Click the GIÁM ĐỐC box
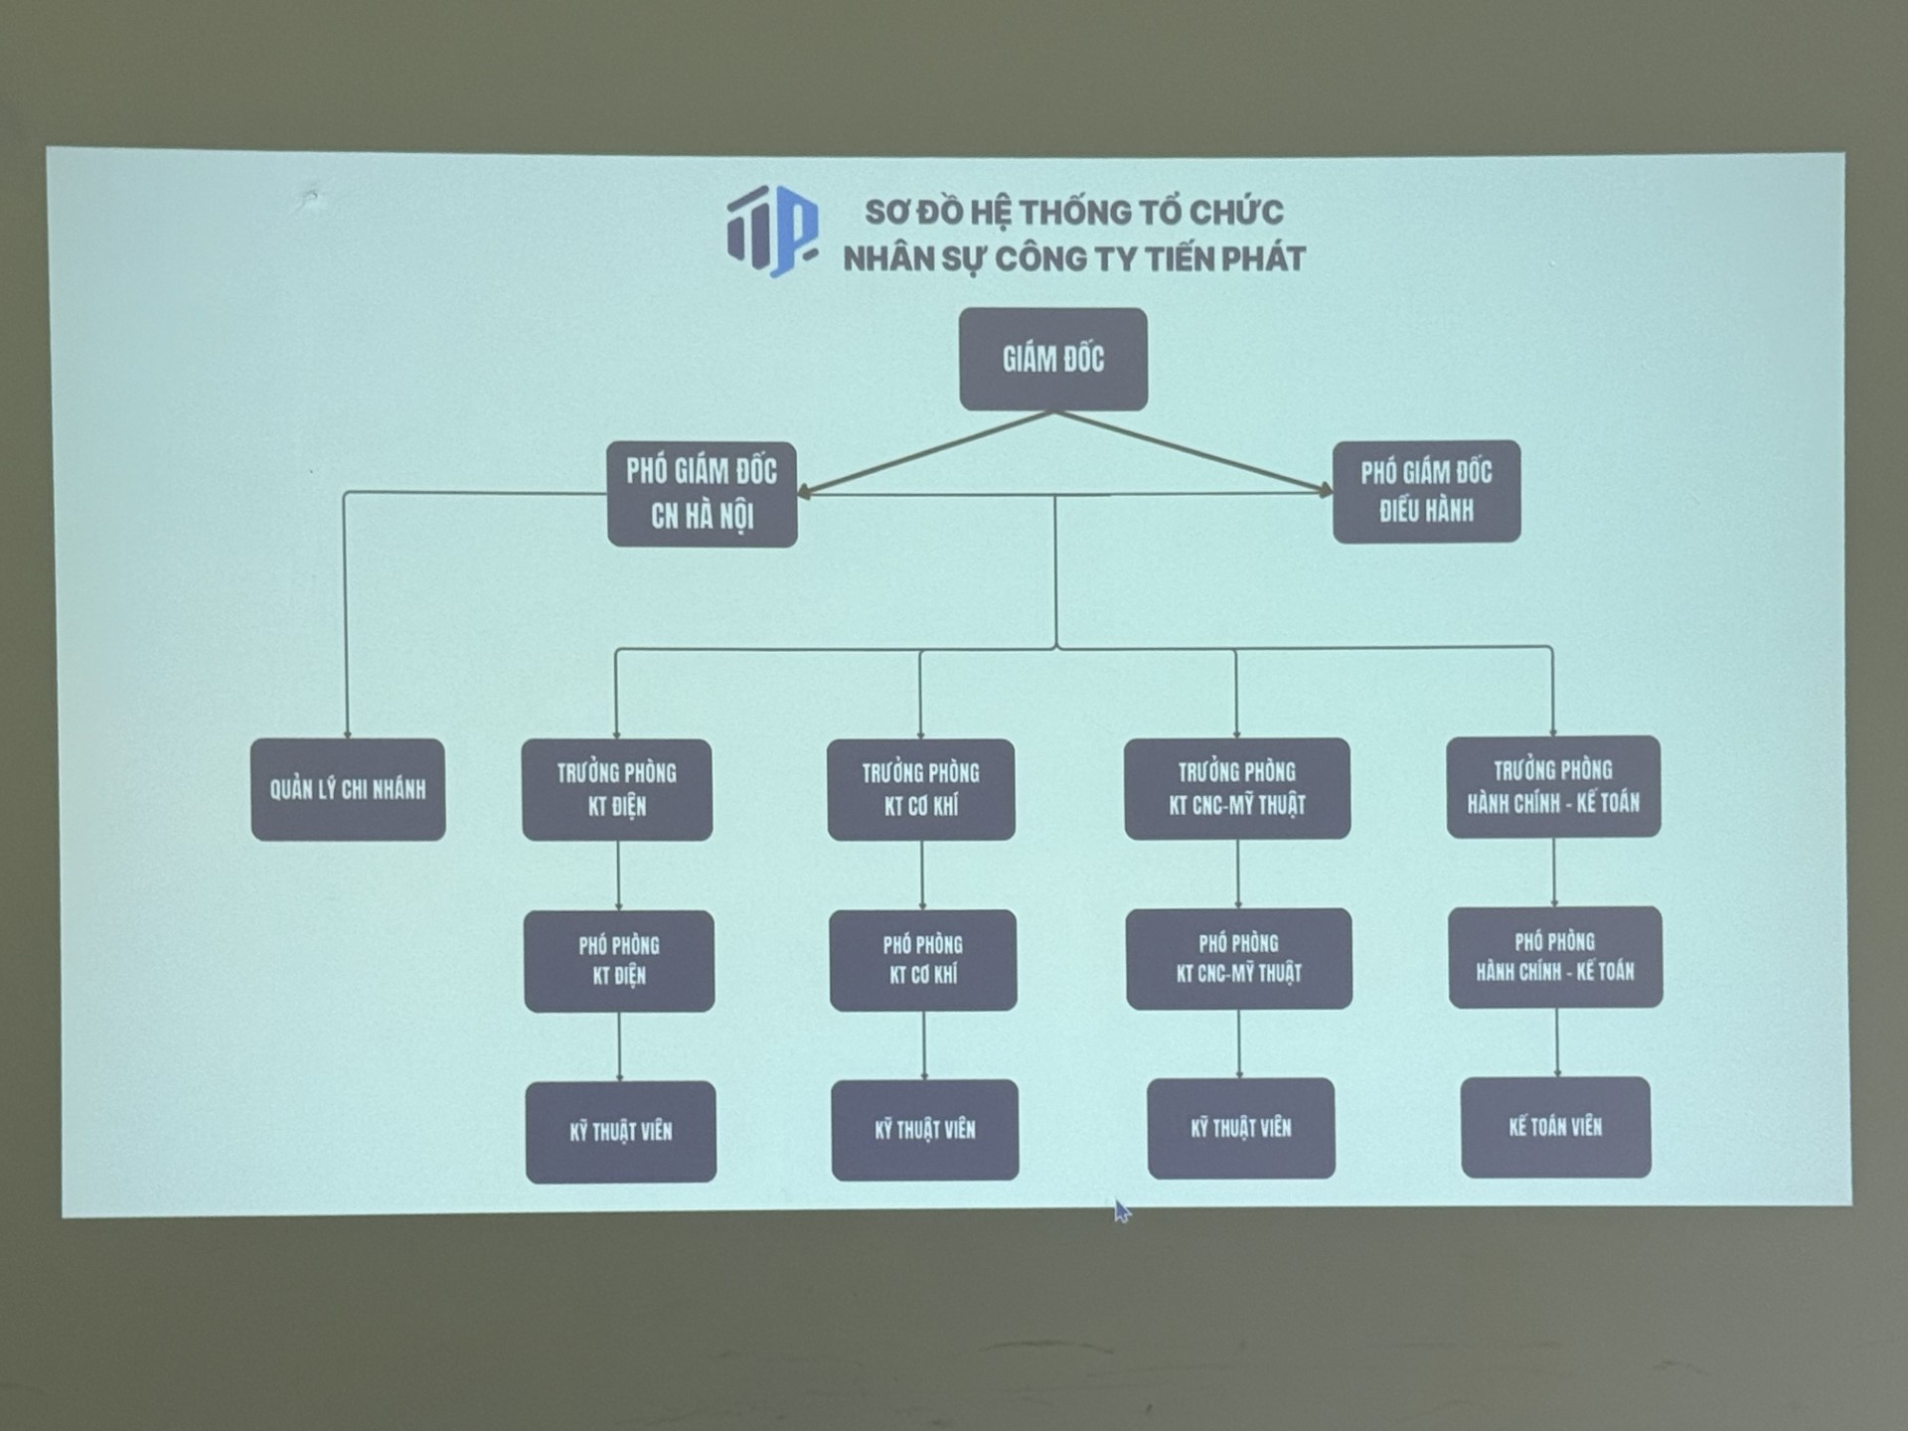tap(1052, 359)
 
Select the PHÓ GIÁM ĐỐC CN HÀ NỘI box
tap(702, 494)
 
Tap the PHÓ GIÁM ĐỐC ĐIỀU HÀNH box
tap(1426, 492)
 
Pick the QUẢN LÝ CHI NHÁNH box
tap(348, 790)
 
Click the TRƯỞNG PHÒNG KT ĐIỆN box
tap(617, 790)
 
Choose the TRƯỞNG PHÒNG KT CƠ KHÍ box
tap(921, 790)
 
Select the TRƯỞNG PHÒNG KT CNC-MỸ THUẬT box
tap(1237, 788)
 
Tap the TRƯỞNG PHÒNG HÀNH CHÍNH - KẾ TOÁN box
tap(1553, 786)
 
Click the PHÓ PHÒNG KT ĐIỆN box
tap(619, 961)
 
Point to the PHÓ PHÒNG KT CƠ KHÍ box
tap(923, 960)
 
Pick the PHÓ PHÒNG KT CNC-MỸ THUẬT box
tap(1238, 958)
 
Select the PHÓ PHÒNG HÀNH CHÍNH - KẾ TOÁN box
tap(1555, 957)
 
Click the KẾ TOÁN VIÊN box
tap(1555, 1127)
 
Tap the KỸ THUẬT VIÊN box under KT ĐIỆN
tap(620, 1132)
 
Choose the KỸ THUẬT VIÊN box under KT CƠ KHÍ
tap(925, 1130)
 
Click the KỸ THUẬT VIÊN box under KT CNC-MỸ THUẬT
tap(1241, 1128)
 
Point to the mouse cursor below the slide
tap(1121, 1210)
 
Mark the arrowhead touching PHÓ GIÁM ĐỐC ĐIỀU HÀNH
tap(1325, 490)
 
